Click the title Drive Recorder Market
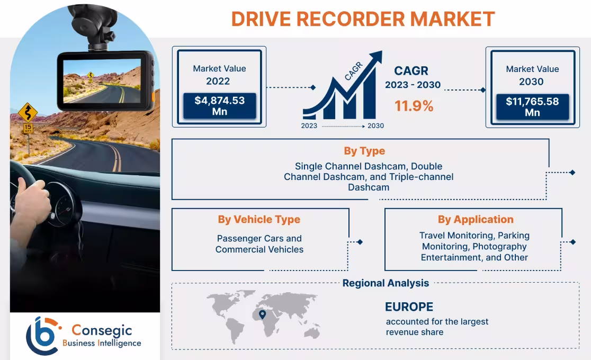pos(363,19)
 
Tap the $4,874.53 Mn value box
pos(219,106)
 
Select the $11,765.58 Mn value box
pos(532,106)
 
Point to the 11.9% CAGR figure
pos(414,106)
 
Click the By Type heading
pos(364,151)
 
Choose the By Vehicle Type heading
pos(259,219)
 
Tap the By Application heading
pos(475,219)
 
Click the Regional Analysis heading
pos(386,283)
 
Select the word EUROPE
pos(409,307)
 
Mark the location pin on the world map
pos(262,314)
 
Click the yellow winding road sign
pos(28,112)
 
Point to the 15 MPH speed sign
pos(28,128)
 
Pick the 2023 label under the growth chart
pos(309,126)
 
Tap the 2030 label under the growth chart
pos(375,126)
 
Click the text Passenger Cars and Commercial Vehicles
pos(259,244)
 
